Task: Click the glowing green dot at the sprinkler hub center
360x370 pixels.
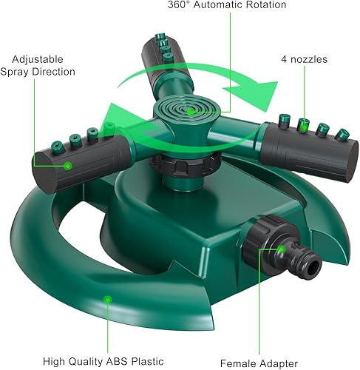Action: tap(191, 110)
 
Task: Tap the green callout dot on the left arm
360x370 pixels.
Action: tap(67, 166)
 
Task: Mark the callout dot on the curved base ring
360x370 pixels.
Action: tap(107, 299)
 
